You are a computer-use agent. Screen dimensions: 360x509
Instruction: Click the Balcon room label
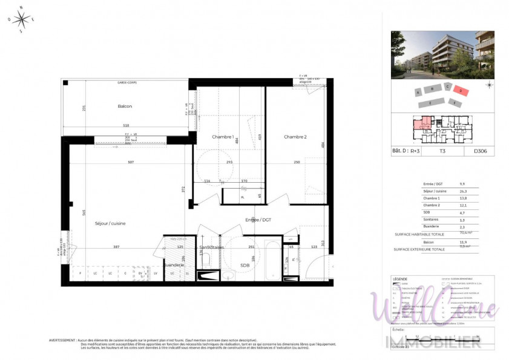[x=125, y=106]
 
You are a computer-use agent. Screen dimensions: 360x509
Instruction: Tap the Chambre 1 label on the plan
[x=223, y=137]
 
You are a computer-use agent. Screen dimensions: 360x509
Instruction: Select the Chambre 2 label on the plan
[x=295, y=137]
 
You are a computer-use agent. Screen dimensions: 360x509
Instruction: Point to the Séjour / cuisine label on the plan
[x=110, y=223]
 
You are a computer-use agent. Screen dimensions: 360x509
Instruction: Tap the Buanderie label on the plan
[x=174, y=265]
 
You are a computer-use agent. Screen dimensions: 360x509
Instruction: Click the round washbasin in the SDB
[x=227, y=276]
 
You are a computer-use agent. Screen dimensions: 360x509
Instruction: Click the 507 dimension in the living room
[x=130, y=162]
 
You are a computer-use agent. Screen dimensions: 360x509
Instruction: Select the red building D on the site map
[x=461, y=91]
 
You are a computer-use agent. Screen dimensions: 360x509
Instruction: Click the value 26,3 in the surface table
[x=463, y=191]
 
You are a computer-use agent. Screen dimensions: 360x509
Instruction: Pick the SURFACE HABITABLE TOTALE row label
[x=419, y=233]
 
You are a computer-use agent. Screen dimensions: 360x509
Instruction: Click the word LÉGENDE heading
[x=401, y=279]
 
